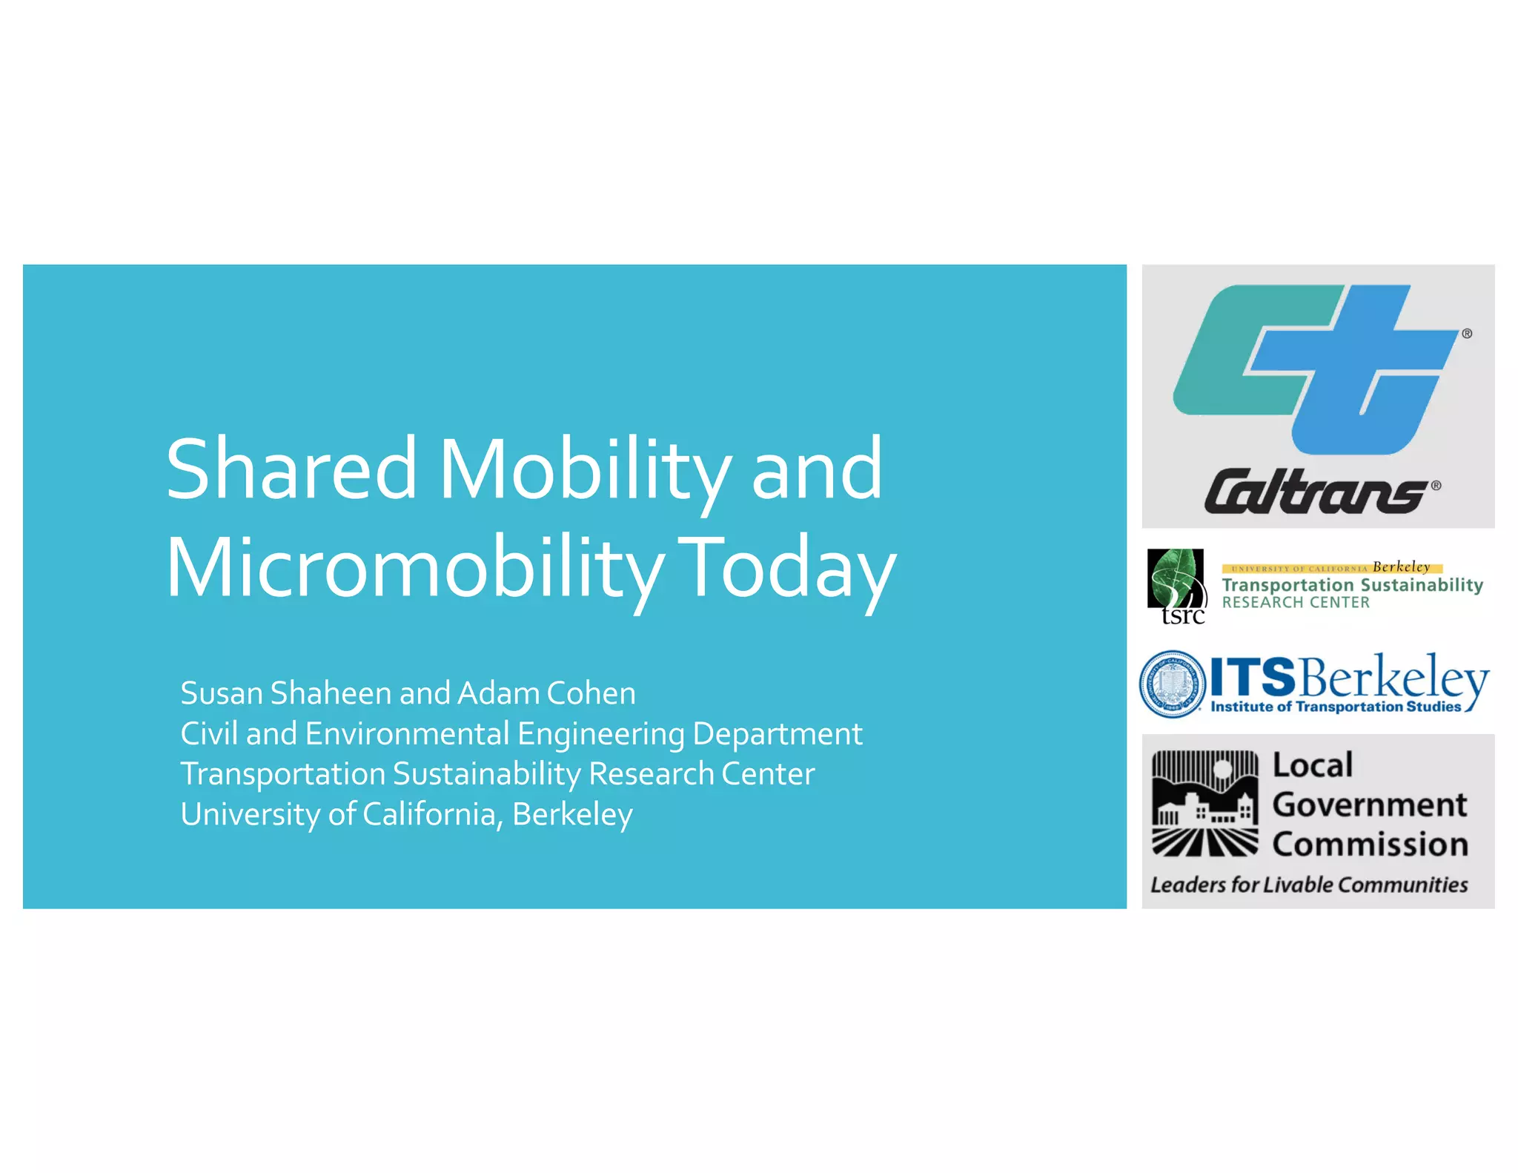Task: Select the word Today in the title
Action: [786, 568]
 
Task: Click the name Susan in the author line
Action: [222, 694]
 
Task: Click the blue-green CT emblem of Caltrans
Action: [1312, 369]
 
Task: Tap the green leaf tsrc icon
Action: [1175, 582]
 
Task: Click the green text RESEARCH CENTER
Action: [1295, 603]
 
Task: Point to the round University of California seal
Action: [1172, 684]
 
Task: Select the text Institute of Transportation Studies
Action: [1335, 707]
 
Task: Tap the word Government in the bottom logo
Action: [1369, 805]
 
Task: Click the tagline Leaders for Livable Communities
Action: [1308, 885]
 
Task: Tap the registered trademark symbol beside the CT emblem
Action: [1467, 334]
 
